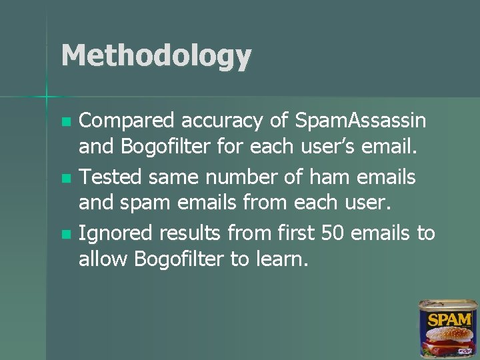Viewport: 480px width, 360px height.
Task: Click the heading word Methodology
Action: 156,56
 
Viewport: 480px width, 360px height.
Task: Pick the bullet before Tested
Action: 65,179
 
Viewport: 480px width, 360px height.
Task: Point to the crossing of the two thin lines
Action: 47,97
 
